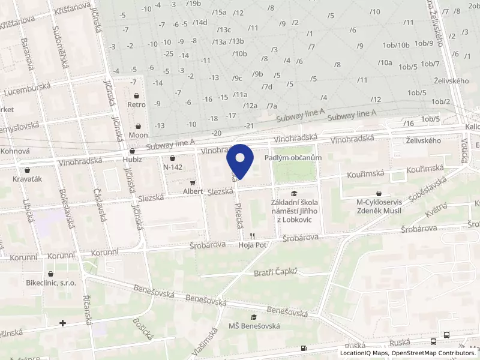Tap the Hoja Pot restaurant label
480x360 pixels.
coord(251,245)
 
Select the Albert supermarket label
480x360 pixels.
coord(193,191)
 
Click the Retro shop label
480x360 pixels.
coord(137,104)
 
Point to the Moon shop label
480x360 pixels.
coord(139,135)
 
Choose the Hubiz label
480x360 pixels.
coord(132,160)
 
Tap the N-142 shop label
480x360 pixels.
coord(172,167)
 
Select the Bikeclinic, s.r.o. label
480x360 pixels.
coord(50,282)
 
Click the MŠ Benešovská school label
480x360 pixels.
coord(254,326)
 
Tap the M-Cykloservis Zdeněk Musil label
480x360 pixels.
coord(379,206)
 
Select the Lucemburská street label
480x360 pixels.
coord(26,90)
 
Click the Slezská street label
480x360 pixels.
coord(220,191)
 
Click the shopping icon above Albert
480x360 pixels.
coord(193,182)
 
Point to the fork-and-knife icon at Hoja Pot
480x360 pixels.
coord(253,236)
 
